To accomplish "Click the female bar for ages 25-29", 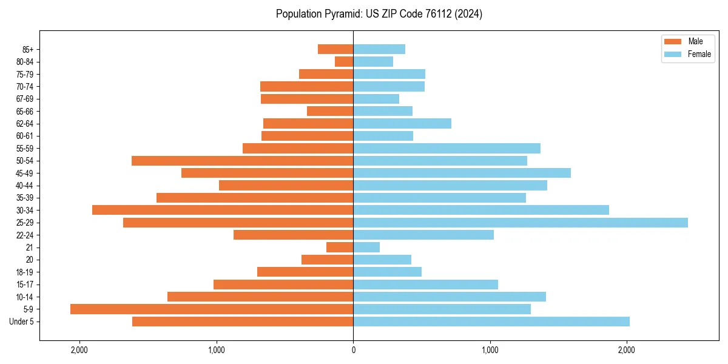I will click(521, 223).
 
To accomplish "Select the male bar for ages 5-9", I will click(212, 309).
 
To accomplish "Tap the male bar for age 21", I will click(340, 248).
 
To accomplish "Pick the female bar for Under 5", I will click(491, 322).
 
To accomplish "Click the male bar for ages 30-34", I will click(223, 210).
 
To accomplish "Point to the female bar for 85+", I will click(379, 49).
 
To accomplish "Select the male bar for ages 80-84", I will click(344, 62).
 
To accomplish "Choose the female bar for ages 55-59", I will click(447, 148).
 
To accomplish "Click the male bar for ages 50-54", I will click(243, 161).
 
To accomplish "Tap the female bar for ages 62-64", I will click(402, 124).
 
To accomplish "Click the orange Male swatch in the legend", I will click(673, 41).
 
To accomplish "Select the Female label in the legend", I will click(699, 54).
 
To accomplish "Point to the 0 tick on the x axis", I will click(353, 349).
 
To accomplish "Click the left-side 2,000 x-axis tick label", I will click(79, 349).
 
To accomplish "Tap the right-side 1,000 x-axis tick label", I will click(490, 349).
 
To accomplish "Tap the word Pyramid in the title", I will click(341, 14).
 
